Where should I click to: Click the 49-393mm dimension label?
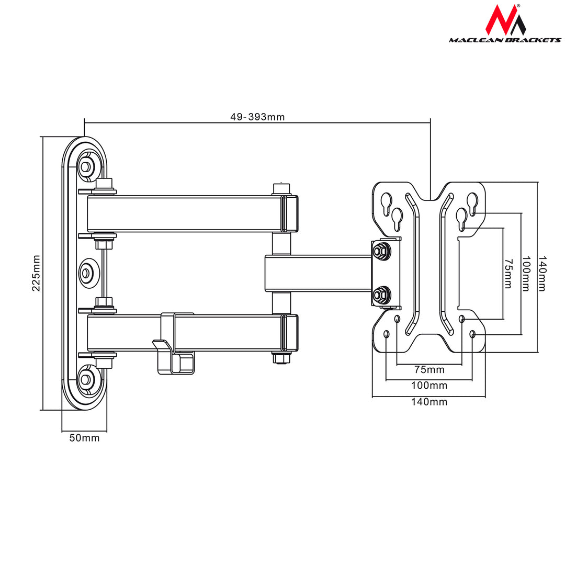(257, 117)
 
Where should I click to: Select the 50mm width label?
(84, 438)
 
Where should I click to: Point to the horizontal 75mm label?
(429, 370)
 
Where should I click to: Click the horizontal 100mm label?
(429, 386)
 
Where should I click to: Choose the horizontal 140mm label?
(429, 402)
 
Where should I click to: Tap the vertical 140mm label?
(542, 273)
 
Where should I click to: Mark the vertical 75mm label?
(507, 273)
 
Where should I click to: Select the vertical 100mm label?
(526, 273)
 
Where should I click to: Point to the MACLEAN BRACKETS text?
(505, 40)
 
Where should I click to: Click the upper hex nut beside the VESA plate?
(381, 251)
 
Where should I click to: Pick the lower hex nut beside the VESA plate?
(381, 295)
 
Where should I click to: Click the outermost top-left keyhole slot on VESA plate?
(386, 202)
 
